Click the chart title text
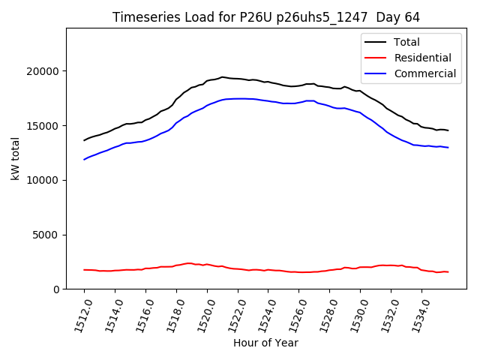pos(266,16)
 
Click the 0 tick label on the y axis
pos(57,289)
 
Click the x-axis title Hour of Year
pos(265,343)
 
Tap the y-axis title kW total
pos(15,159)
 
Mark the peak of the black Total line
pos(222,76)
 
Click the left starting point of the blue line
pos(84,160)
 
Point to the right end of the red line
pos(448,271)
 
